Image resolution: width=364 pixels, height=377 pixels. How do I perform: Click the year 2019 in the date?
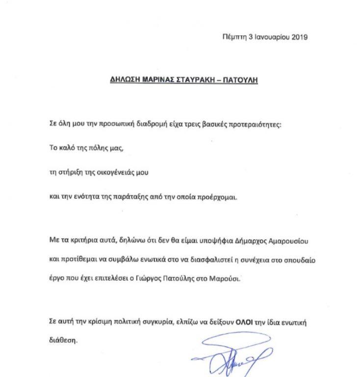(x=299, y=37)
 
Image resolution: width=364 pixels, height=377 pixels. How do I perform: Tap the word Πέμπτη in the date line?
(x=232, y=37)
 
